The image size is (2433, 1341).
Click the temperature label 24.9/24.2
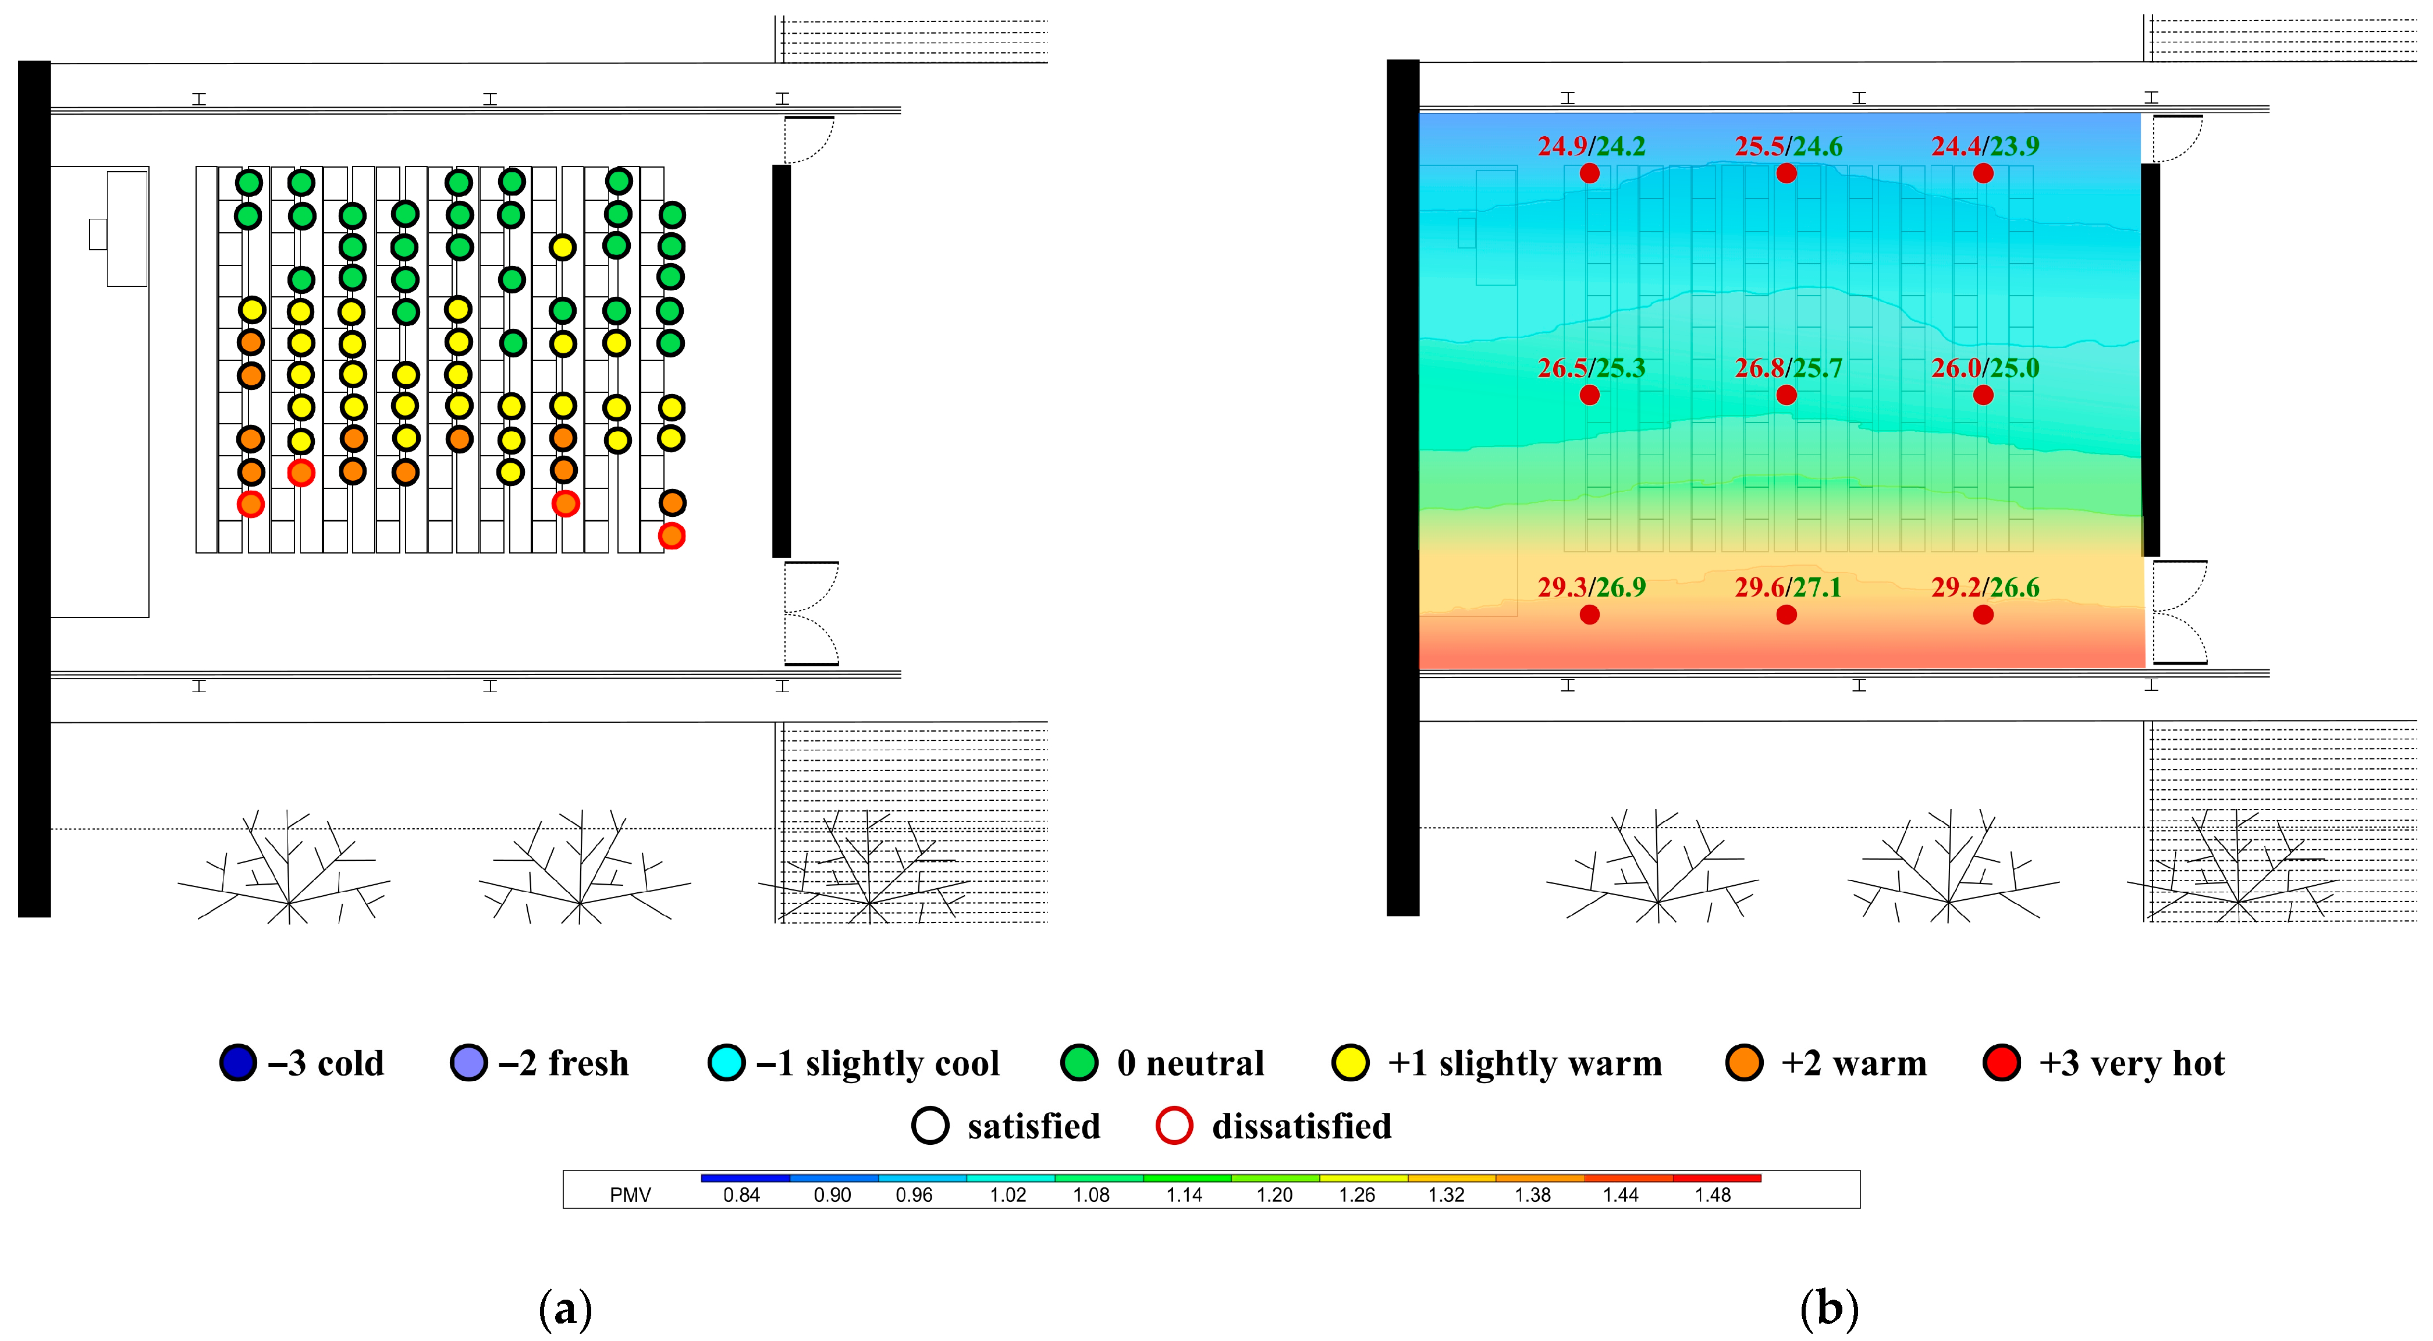1592,146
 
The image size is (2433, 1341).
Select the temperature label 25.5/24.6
1788,146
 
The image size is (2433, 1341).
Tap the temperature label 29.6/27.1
1788,587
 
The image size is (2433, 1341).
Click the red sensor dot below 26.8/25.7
1786,395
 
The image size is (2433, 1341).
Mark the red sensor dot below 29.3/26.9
1590,615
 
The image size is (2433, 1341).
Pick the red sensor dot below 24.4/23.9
1983,173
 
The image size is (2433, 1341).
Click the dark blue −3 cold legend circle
238,1062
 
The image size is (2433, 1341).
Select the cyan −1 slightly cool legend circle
726,1062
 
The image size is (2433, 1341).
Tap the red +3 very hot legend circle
2001,1062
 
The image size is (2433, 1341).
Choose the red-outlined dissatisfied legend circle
1174,1126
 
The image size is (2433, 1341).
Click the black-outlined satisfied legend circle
930,1126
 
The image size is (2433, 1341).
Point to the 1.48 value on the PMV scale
1713,1195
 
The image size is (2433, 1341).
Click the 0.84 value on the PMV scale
741,1195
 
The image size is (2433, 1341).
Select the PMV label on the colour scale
630,1195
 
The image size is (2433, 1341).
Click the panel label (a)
565,1309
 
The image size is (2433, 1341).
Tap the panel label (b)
1830,1309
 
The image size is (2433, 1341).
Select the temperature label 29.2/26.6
1984,587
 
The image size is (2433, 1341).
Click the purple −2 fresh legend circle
468,1062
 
